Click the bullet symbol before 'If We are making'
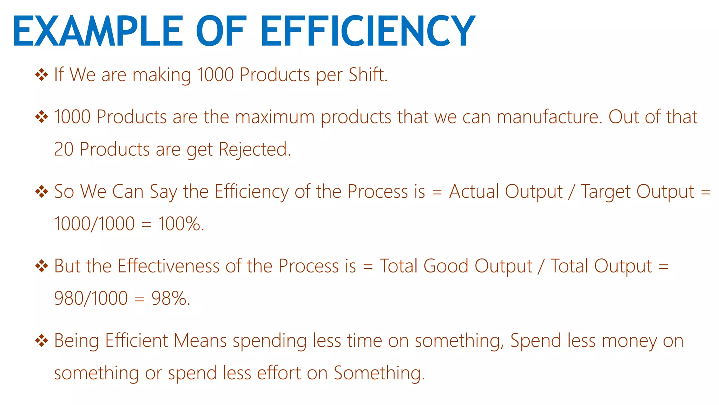point(41,75)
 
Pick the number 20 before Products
point(64,149)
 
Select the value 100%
point(179,224)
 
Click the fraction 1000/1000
point(94,224)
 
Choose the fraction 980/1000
point(91,298)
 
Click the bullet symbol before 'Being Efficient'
point(41,340)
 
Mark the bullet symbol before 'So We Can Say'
point(41,192)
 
